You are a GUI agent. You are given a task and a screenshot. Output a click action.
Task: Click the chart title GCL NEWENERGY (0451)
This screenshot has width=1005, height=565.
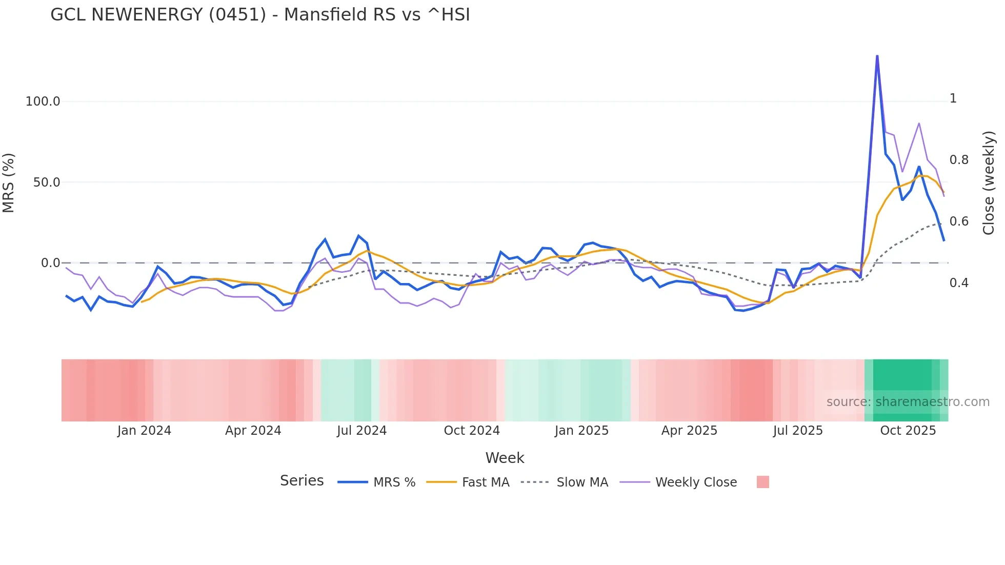tap(260, 15)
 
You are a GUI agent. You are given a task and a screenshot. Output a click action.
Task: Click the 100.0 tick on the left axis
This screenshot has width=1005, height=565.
tap(43, 102)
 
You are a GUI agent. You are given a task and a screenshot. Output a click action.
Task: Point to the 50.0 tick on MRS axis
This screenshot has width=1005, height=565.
tap(47, 183)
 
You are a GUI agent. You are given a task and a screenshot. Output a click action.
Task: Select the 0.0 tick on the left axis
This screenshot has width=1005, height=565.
tap(50, 263)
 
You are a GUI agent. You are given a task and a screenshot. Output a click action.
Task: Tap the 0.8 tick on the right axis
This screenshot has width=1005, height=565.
tap(959, 160)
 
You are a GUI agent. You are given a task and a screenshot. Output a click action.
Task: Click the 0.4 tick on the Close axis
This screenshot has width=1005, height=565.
tap(959, 283)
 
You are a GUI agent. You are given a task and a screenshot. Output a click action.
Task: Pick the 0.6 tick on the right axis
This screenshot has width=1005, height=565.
tap(959, 221)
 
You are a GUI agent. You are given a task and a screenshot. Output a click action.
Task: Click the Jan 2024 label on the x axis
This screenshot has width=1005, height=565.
tap(144, 431)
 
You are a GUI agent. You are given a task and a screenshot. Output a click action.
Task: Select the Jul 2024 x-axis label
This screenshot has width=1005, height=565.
tap(361, 431)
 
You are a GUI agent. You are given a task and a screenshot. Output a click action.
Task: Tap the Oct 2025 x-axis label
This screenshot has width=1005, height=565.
tap(908, 431)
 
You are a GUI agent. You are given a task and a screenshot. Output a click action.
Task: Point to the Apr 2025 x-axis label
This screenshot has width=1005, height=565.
tap(689, 431)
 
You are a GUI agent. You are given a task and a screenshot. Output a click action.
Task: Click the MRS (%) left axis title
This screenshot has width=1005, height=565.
tap(9, 183)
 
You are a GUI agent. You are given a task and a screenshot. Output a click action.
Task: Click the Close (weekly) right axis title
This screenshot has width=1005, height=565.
tap(989, 183)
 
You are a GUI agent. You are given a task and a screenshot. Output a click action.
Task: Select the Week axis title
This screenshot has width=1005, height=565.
tap(505, 458)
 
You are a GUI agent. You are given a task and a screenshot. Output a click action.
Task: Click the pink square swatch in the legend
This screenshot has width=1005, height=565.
tap(762, 482)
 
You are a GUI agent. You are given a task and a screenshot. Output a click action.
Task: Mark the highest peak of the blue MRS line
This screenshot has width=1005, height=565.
tap(877, 56)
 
